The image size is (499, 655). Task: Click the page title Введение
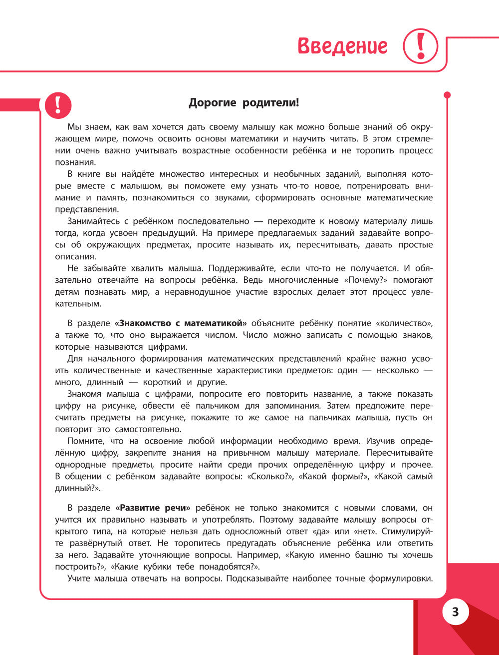click(342, 46)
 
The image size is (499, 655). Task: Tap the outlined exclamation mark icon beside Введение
click(420, 46)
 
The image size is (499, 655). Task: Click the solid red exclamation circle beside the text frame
click(58, 105)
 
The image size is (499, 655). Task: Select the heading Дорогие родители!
click(244, 103)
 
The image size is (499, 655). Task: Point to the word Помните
click(85, 441)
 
